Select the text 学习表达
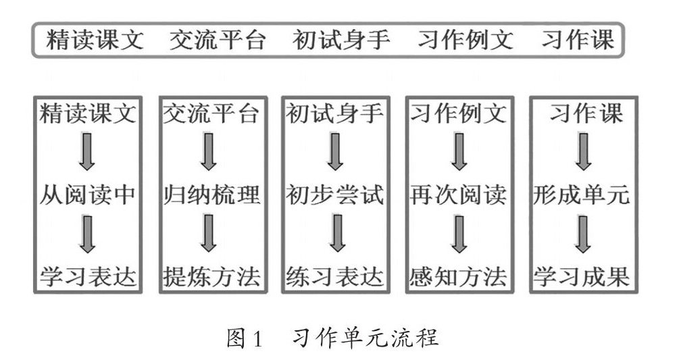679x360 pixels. tap(89, 276)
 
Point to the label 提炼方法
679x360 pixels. tap(211, 276)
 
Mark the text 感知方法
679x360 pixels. tap(458, 276)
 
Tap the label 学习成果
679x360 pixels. tap(582, 276)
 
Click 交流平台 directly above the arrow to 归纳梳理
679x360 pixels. tap(211, 113)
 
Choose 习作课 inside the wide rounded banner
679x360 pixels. tap(578, 40)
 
